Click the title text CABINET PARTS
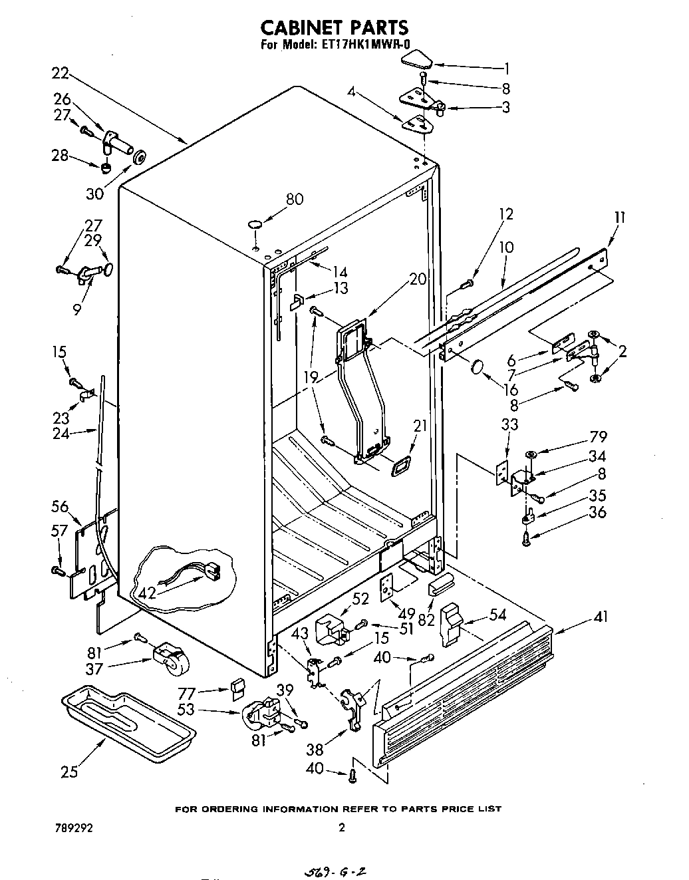tap(333, 27)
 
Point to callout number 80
tap(294, 199)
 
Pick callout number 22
tap(61, 73)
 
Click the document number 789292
tap(74, 828)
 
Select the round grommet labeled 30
tap(140, 158)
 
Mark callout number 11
tap(619, 217)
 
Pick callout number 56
tap(60, 507)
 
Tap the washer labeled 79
tap(531, 454)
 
